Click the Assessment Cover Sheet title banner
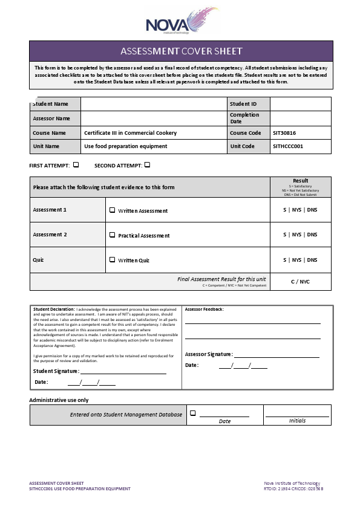[181, 51]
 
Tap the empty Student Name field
[154, 104]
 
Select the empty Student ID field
[300, 104]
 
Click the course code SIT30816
[284, 133]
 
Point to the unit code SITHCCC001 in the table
[288, 146]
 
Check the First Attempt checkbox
[76, 164]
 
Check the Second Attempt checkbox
[147, 164]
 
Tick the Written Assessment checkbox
[112, 210]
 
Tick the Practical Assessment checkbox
[112, 235]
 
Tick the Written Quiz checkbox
[112, 260]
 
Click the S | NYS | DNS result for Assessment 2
[300, 235]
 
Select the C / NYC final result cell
[300, 282]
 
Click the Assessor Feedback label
[204, 309]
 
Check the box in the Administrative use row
[193, 413]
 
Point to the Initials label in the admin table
[297, 421]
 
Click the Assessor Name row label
[51, 118]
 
